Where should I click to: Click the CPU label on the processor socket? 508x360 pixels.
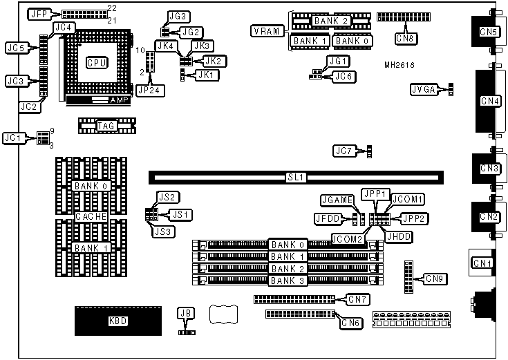coord(97,63)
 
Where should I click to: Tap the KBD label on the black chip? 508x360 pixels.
coord(118,321)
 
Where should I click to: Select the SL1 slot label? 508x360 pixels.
coord(296,178)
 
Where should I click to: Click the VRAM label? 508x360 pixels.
coord(266,32)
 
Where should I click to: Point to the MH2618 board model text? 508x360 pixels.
coord(400,64)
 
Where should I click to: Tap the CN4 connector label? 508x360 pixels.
coord(490,102)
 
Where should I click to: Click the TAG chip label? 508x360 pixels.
coord(106,125)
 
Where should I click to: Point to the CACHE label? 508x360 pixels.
coord(91,216)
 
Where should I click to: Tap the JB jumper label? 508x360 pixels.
coord(185,313)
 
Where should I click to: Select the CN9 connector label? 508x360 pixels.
coord(434,279)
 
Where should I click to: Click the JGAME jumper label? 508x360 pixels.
coord(338,200)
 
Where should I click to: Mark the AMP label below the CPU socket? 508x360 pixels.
coord(120,100)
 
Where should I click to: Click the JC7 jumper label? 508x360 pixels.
coord(344,151)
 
